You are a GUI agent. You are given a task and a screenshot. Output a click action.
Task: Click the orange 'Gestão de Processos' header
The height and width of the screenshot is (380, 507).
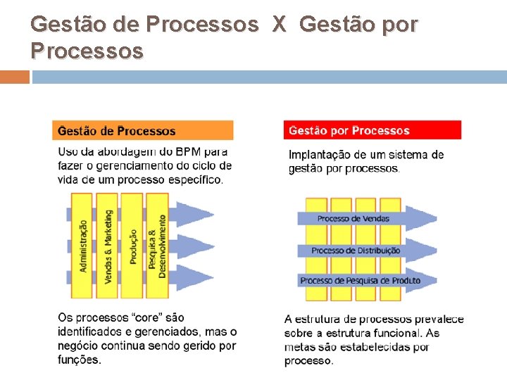tap(142, 131)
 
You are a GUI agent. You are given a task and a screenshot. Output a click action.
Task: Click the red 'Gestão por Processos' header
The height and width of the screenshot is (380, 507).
tap(373, 130)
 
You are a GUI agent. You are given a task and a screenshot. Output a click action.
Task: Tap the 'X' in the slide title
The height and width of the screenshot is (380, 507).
tap(279, 25)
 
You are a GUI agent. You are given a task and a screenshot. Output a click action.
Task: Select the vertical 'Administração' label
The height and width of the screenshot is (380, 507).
tap(84, 246)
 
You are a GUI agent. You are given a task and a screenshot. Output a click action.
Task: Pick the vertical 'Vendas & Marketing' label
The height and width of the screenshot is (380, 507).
tap(108, 246)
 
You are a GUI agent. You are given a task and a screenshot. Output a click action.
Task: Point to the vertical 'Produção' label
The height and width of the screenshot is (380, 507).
tap(132, 246)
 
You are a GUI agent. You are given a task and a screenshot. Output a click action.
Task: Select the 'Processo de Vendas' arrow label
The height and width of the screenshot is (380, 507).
tap(353, 219)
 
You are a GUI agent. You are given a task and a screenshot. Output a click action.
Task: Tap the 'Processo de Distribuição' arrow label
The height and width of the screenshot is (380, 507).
tap(356, 250)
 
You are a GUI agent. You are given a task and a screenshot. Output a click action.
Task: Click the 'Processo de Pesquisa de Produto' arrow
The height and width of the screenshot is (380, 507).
tap(360, 281)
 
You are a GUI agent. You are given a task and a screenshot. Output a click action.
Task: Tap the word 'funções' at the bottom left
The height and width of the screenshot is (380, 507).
tap(79, 360)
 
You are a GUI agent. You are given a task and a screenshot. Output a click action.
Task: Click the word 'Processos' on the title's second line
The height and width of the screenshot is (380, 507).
tap(87, 51)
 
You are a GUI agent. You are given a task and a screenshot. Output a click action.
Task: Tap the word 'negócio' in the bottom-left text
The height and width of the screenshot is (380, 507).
tap(78, 346)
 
